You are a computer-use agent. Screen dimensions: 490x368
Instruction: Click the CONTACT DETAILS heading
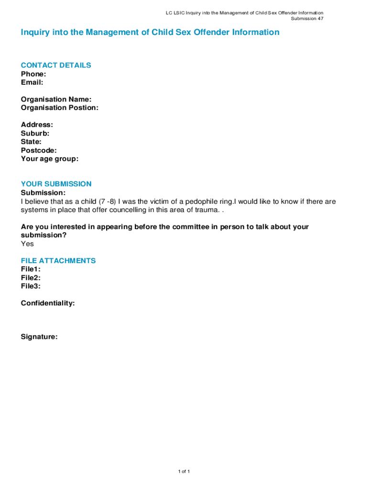[56, 65]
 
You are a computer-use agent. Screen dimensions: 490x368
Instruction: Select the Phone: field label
[33, 74]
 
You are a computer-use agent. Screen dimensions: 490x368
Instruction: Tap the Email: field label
[32, 82]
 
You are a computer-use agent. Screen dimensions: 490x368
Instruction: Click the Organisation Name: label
[56, 100]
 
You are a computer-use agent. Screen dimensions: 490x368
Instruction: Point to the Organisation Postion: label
[60, 108]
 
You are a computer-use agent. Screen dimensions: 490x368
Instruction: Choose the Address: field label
[37, 125]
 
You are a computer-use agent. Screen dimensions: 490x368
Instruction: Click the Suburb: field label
[35, 134]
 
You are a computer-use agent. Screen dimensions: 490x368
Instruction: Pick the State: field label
[31, 142]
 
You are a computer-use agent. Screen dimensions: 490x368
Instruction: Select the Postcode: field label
[39, 150]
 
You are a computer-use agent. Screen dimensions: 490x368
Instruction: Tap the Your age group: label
[50, 159]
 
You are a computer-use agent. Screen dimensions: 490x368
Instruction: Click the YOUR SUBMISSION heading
[56, 184]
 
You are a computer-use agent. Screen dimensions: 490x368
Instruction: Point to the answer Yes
[27, 244]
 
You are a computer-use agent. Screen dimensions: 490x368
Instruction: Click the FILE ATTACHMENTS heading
[58, 261]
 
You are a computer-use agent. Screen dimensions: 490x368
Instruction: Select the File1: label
[31, 269]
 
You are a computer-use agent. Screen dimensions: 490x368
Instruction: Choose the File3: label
[31, 286]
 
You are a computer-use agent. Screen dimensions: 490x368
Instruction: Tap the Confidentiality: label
[48, 303]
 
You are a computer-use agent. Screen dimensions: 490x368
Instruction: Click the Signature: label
[39, 337]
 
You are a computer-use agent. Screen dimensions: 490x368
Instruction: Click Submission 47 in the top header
[307, 19]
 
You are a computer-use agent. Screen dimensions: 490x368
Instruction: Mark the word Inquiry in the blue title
[35, 33]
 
